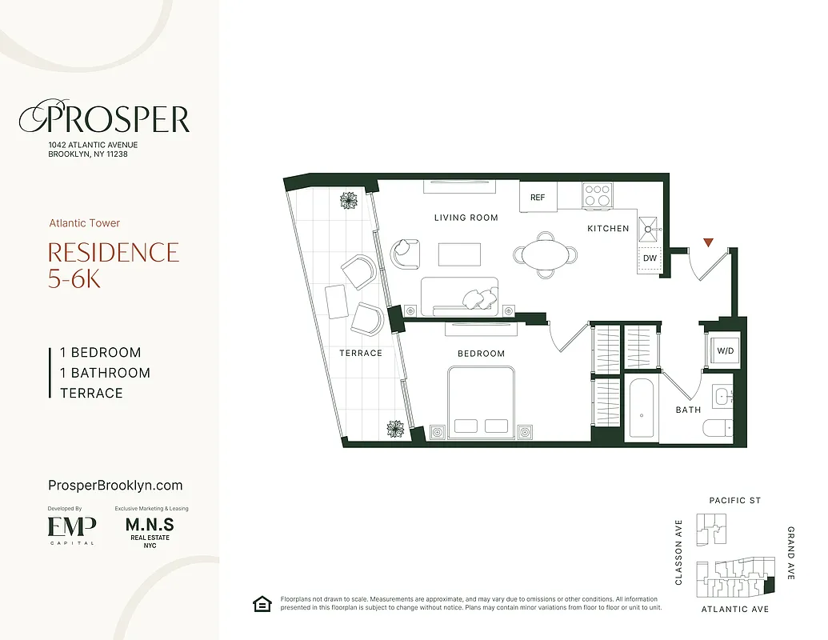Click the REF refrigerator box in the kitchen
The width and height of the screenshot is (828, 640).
point(538,198)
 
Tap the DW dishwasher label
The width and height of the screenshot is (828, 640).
point(650,258)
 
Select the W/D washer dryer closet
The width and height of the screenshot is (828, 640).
point(725,350)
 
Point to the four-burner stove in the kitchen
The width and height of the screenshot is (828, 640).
point(597,195)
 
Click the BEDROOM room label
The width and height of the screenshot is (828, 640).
point(481,354)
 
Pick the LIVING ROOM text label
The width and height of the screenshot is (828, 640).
point(466,218)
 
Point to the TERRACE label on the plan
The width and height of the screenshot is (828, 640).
point(360,353)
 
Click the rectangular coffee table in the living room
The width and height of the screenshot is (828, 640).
point(460,254)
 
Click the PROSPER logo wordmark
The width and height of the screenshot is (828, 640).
point(105,119)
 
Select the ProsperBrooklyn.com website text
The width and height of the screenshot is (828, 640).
point(115,486)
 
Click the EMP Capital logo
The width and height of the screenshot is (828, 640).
point(71,528)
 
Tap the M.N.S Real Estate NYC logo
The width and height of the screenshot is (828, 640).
point(150,530)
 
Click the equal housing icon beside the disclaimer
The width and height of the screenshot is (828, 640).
point(261,603)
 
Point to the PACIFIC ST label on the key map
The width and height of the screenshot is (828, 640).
point(734,501)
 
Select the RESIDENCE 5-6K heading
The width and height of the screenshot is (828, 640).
point(113,265)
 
